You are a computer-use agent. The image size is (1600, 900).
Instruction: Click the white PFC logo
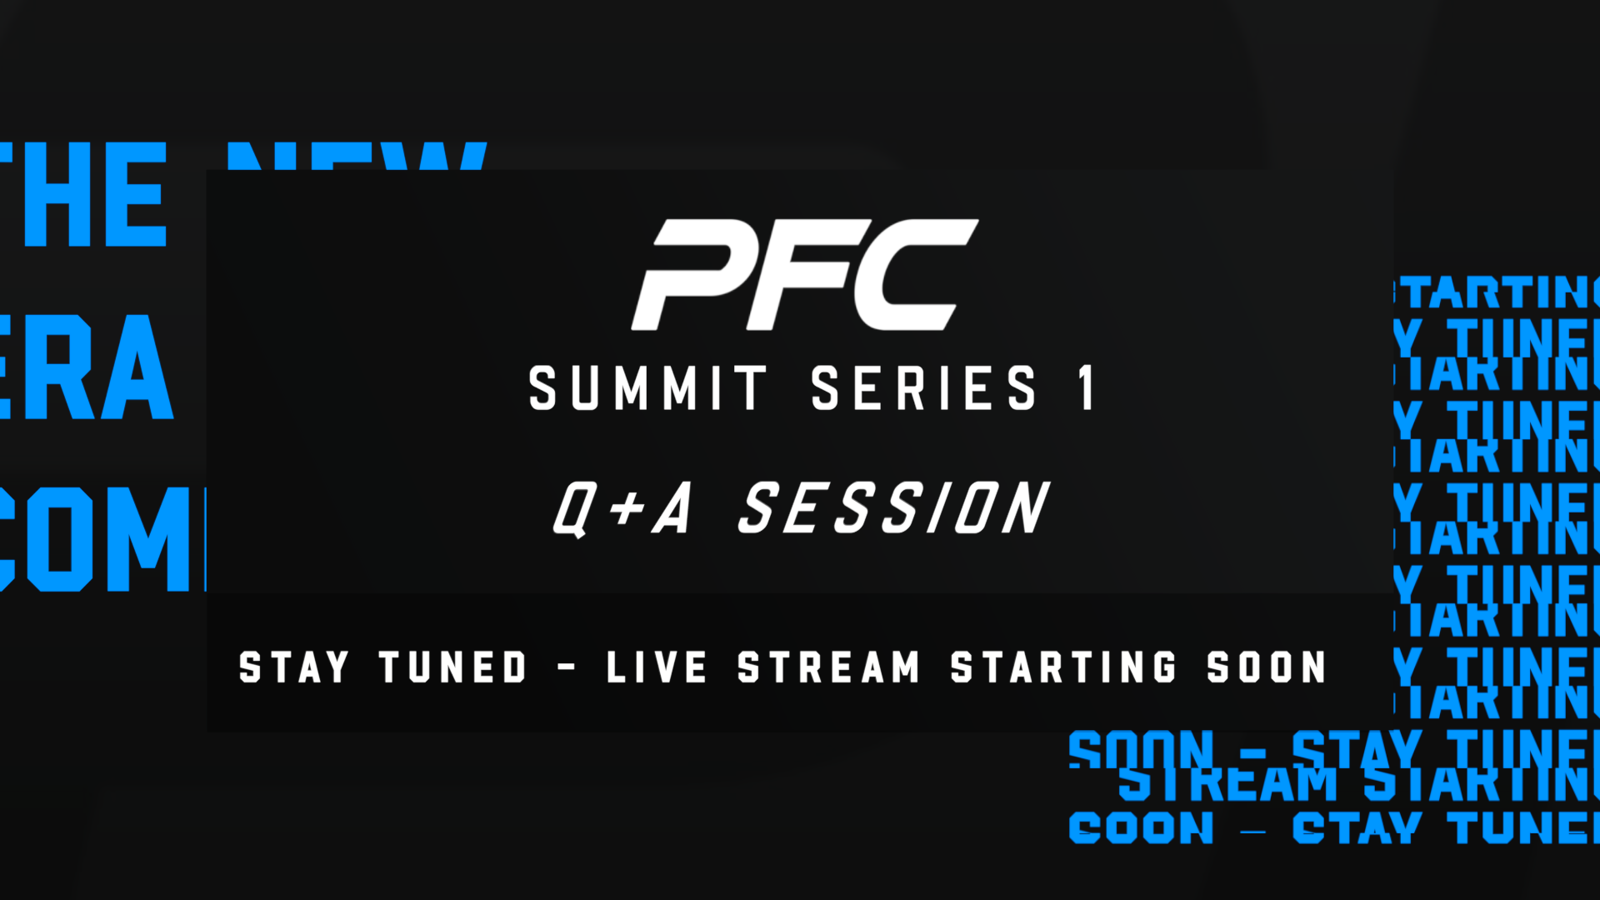804,274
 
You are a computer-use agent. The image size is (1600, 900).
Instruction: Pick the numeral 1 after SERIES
1086,388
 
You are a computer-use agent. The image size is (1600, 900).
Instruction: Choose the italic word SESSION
894,507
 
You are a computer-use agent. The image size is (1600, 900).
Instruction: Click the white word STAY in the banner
293,667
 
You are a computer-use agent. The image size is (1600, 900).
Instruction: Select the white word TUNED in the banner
453,667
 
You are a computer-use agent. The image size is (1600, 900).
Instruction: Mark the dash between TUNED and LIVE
567,667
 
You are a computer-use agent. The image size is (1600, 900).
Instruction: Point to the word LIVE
657,667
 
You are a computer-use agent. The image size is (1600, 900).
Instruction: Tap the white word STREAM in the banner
828,667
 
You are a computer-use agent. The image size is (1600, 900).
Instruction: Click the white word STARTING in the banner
1063,667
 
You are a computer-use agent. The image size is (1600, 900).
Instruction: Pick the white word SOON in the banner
1266,667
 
